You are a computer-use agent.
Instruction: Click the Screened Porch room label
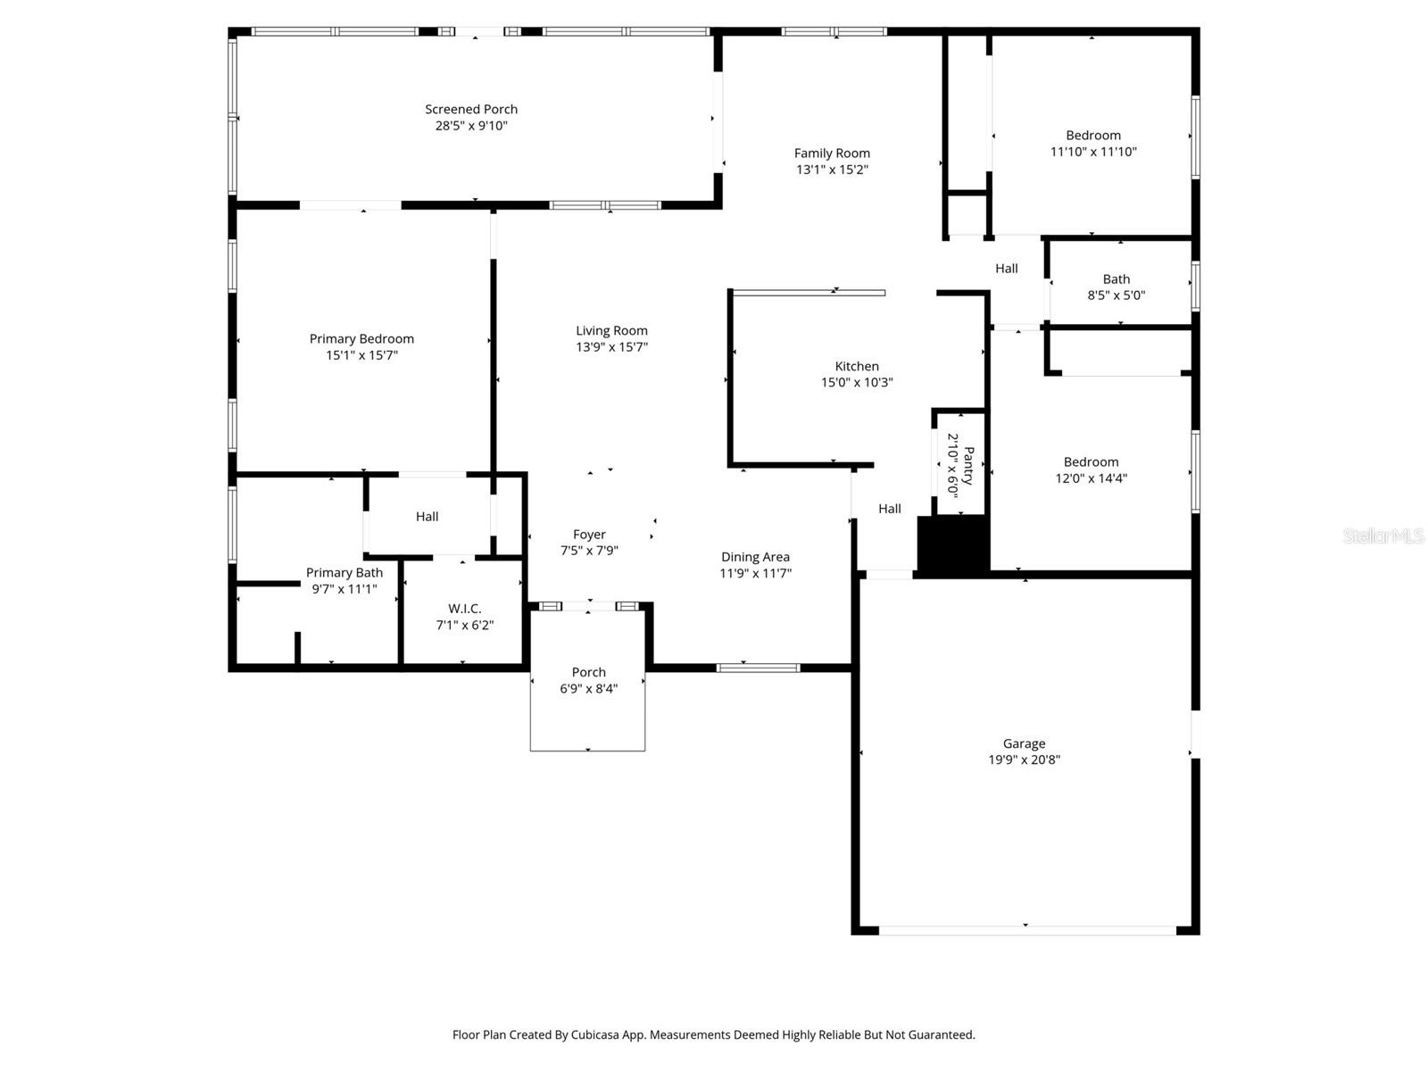pyautogui.click(x=471, y=109)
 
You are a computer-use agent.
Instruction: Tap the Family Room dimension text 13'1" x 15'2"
pyautogui.click(x=832, y=170)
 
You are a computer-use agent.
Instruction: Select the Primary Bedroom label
pyautogui.click(x=361, y=338)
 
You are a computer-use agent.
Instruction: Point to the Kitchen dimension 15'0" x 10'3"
pyautogui.click(x=857, y=382)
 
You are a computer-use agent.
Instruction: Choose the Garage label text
pyautogui.click(x=1024, y=743)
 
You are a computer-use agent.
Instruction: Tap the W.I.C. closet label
pyautogui.click(x=464, y=609)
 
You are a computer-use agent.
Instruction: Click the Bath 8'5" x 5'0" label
pyautogui.click(x=1116, y=286)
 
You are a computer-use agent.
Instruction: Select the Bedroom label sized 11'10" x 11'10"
pyautogui.click(x=1093, y=136)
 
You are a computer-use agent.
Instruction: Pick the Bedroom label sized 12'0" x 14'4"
pyautogui.click(x=1091, y=461)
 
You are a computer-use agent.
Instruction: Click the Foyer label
pyautogui.click(x=589, y=535)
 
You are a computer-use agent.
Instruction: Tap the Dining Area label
pyautogui.click(x=755, y=557)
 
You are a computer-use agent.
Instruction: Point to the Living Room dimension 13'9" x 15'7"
pyautogui.click(x=611, y=347)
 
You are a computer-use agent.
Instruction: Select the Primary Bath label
pyautogui.click(x=345, y=573)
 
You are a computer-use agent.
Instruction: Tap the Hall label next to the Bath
pyautogui.click(x=1007, y=269)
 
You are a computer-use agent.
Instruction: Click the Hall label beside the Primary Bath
pyautogui.click(x=427, y=517)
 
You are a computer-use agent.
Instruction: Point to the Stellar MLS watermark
pyautogui.click(x=1382, y=535)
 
